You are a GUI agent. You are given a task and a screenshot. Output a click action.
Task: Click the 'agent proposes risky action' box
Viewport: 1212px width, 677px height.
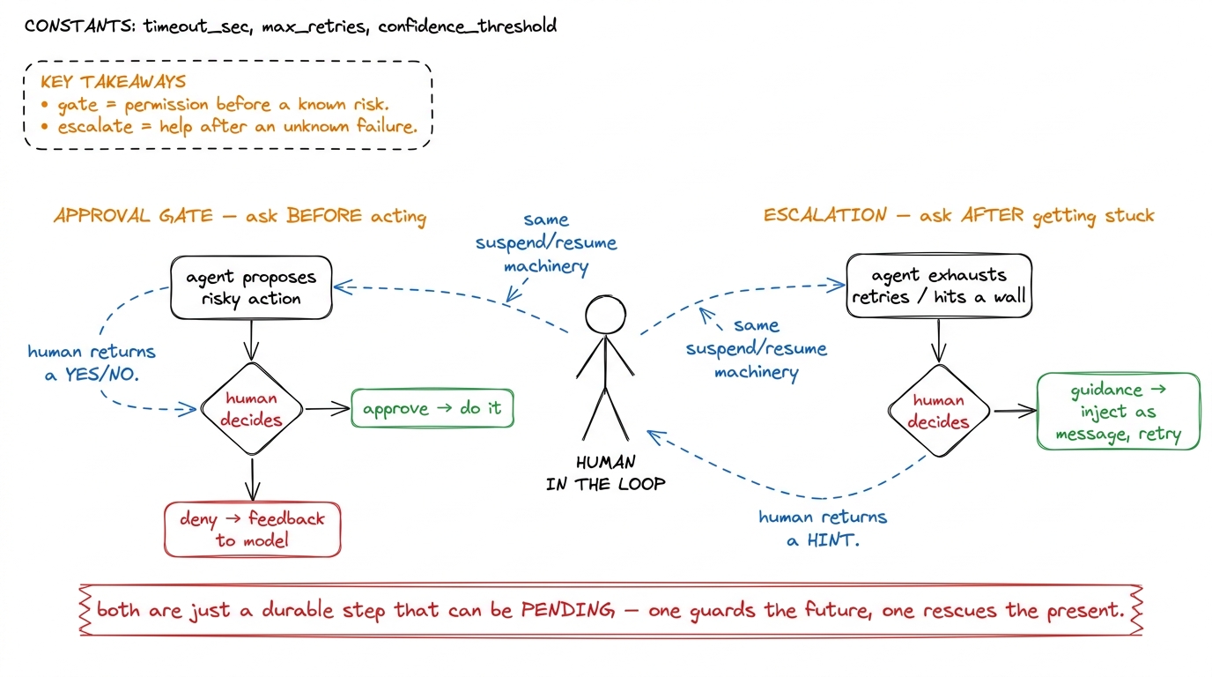click(x=251, y=287)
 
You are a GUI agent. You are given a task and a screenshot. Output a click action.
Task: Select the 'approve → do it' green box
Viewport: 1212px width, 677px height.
click(x=432, y=408)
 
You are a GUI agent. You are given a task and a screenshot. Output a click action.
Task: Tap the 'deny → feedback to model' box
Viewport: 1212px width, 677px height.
click(x=253, y=530)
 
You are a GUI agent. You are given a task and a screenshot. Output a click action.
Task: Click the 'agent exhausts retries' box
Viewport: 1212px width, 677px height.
click(x=939, y=286)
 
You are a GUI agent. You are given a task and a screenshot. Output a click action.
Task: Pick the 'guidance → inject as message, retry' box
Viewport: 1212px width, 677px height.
click(x=1118, y=412)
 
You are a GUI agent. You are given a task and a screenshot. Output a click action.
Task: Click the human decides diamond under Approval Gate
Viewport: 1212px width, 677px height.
click(x=252, y=409)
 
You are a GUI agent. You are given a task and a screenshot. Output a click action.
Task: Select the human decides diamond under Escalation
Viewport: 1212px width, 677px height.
click(x=939, y=411)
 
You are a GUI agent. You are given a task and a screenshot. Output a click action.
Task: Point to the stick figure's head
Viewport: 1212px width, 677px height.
click(x=605, y=315)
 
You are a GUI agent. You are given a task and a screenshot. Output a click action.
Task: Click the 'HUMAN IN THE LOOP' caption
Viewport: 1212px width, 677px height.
click(x=605, y=472)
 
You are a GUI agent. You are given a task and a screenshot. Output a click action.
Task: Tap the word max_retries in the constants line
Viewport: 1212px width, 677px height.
click(x=315, y=26)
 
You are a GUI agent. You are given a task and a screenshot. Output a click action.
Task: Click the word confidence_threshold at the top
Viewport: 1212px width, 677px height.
click(x=468, y=26)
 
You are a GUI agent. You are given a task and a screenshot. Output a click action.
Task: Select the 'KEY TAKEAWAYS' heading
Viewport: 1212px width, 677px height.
click(x=113, y=82)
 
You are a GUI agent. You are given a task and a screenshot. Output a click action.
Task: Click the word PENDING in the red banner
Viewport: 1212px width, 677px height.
click(x=567, y=610)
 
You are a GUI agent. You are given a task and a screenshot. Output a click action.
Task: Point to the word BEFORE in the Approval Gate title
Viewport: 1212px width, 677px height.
click(x=324, y=216)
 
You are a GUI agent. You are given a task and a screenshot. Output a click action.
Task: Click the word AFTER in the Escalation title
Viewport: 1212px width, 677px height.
click(x=993, y=215)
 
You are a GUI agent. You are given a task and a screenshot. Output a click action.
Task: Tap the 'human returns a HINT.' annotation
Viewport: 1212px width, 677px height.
click(x=823, y=528)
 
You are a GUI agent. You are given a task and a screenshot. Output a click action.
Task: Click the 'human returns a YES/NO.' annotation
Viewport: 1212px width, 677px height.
click(x=92, y=363)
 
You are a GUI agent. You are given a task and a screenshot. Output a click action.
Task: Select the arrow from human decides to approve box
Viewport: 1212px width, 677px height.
click(x=328, y=408)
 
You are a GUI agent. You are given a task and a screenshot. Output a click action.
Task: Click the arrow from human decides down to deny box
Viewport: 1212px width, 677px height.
click(x=252, y=480)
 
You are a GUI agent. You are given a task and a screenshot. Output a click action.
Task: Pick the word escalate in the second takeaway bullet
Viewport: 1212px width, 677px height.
click(x=95, y=127)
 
